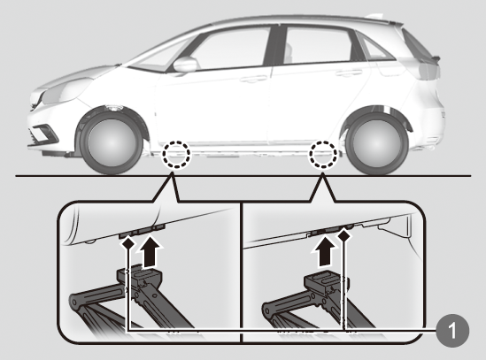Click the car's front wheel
pyautogui.click(x=111, y=144)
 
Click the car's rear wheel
pyautogui.click(x=376, y=144)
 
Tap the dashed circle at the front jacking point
pyautogui.click(x=176, y=154)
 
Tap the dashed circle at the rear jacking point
pyautogui.click(x=322, y=154)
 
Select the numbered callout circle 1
pyautogui.click(x=452, y=330)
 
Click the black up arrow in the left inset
pyautogui.click(x=150, y=251)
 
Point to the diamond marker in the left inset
pyautogui.click(x=127, y=243)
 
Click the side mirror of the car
pyautogui.click(x=185, y=65)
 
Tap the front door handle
pyautogui.click(x=252, y=79)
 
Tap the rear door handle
pyautogui.click(x=349, y=73)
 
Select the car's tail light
pyautogui.click(x=428, y=69)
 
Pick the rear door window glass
pyautogui.click(x=320, y=44)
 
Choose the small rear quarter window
pyautogui.click(x=375, y=49)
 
